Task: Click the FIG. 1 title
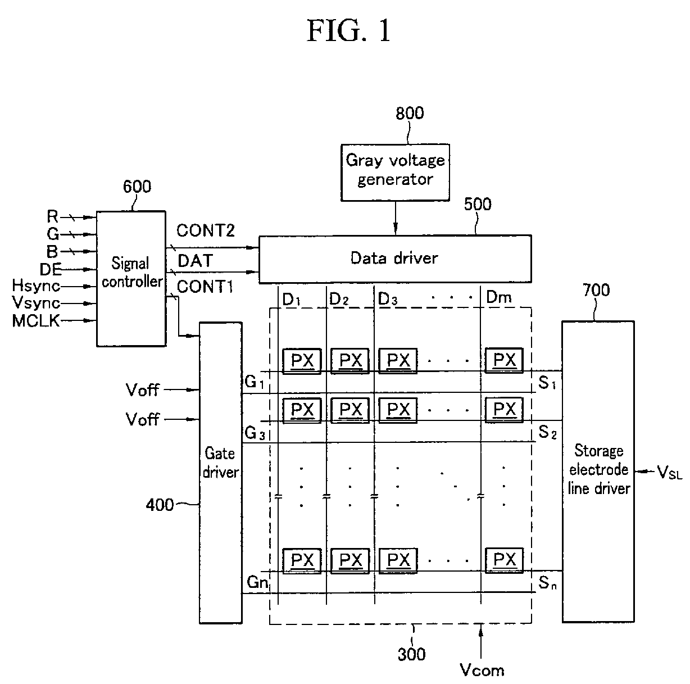[348, 31]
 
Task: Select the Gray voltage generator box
[395, 173]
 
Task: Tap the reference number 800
[410, 113]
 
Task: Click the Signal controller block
[131, 278]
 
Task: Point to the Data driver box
[395, 259]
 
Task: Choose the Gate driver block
[221, 473]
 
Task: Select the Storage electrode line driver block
[598, 472]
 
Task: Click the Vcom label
[482, 669]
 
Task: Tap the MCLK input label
[36, 321]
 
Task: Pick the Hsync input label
[36, 286]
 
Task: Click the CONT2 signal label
[206, 230]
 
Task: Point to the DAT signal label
[195, 260]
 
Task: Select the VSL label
[670, 472]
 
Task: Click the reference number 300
[411, 654]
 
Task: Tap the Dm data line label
[499, 297]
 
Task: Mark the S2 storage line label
[547, 432]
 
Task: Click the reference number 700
[596, 290]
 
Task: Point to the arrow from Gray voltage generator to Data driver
[396, 218]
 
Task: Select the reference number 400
[160, 505]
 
